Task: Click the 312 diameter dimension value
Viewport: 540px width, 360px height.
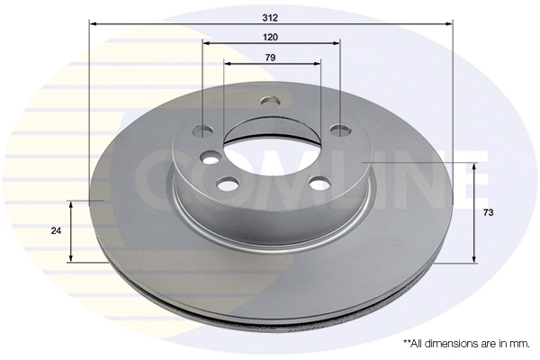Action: [x=271, y=17]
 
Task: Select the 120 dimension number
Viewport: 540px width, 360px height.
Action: [x=271, y=37]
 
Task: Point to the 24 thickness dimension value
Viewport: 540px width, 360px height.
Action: [x=56, y=231]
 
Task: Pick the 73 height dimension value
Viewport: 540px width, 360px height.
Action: [x=488, y=212]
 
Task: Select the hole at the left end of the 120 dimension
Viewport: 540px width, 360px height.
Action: [x=204, y=130]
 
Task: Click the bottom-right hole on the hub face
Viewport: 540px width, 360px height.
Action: [x=318, y=184]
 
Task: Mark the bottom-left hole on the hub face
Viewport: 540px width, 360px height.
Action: [x=227, y=184]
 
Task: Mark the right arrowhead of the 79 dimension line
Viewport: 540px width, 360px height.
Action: [x=318, y=64]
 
